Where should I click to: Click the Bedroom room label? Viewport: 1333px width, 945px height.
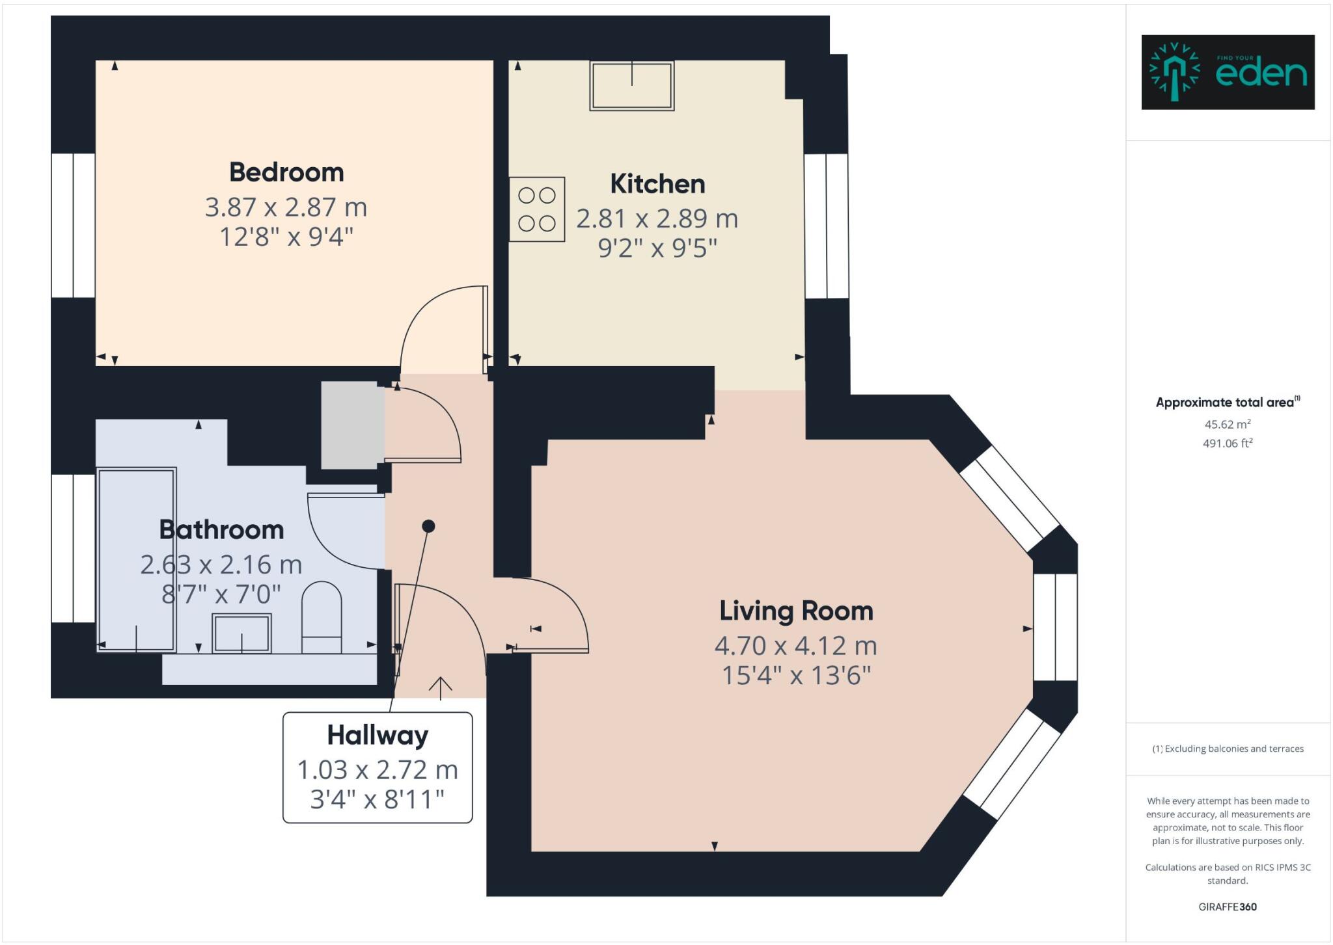[286, 172]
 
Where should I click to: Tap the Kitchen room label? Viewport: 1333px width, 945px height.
[657, 184]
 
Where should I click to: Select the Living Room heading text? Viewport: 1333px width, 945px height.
[796, 611]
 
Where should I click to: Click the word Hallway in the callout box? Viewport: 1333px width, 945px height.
[378, 735]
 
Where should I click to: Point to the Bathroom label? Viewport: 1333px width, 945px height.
[221, 530]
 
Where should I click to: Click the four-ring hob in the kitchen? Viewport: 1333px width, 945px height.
[537, 209]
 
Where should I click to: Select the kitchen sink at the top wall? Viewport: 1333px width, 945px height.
[631, 86]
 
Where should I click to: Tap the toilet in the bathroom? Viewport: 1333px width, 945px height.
[322, 618]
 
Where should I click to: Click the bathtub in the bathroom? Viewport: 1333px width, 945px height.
[137, 559]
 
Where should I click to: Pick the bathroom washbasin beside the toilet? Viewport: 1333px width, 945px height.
[241, 633]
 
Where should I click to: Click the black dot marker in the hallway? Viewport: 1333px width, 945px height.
[428, 526]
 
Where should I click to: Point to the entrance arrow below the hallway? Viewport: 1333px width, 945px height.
[441, 687]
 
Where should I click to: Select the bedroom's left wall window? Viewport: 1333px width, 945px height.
[73, 226]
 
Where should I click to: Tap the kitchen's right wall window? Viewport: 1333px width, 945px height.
[827, 226]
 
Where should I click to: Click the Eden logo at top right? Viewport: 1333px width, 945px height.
[1228, 72]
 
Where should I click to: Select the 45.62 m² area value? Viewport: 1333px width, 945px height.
[1228, 424]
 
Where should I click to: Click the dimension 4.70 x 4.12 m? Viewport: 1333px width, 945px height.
[795, 646]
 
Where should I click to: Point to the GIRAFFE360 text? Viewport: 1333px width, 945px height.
[1228, 907]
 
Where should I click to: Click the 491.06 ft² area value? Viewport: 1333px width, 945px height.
[1228, 444]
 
